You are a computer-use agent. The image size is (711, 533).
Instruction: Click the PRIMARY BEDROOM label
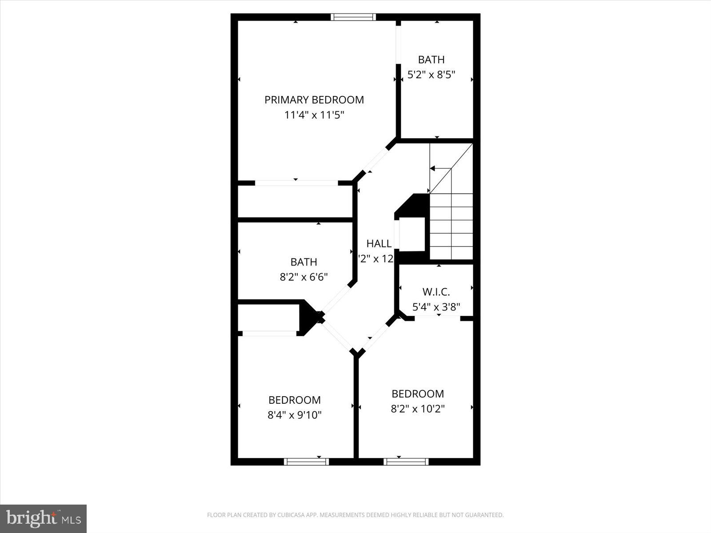pos(314,100)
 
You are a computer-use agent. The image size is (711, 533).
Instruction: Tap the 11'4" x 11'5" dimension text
pos(314,115)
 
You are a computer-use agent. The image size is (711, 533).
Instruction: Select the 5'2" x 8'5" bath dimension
pos(431,75)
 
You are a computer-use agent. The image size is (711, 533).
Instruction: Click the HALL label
pos(379,243)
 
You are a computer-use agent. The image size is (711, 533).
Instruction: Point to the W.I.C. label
pos(436,292)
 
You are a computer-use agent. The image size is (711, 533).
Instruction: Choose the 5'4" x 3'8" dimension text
pos(436,306)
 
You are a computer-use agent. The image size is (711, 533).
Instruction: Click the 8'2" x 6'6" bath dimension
pos(304,277)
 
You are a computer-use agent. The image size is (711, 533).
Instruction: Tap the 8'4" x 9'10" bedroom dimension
pos(294,415)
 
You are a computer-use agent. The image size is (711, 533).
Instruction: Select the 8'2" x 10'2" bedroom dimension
pos(418,409)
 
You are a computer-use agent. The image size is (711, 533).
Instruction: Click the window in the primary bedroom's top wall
pos(354,17)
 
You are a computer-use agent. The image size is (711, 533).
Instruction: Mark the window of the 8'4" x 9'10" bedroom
pos(306,462)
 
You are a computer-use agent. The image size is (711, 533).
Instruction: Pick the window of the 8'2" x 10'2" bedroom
pos(406,462)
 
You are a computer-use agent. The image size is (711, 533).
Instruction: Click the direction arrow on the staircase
pos(433,168)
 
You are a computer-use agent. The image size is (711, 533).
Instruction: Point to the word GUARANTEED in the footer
pos(485,515)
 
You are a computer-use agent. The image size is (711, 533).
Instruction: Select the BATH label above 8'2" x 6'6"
pos(304,262)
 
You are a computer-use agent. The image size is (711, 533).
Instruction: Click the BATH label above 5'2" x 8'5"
pos(431,60)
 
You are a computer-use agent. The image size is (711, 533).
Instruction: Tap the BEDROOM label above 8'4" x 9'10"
pos(294,400)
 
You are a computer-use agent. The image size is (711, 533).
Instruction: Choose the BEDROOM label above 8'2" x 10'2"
pos(418,394)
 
